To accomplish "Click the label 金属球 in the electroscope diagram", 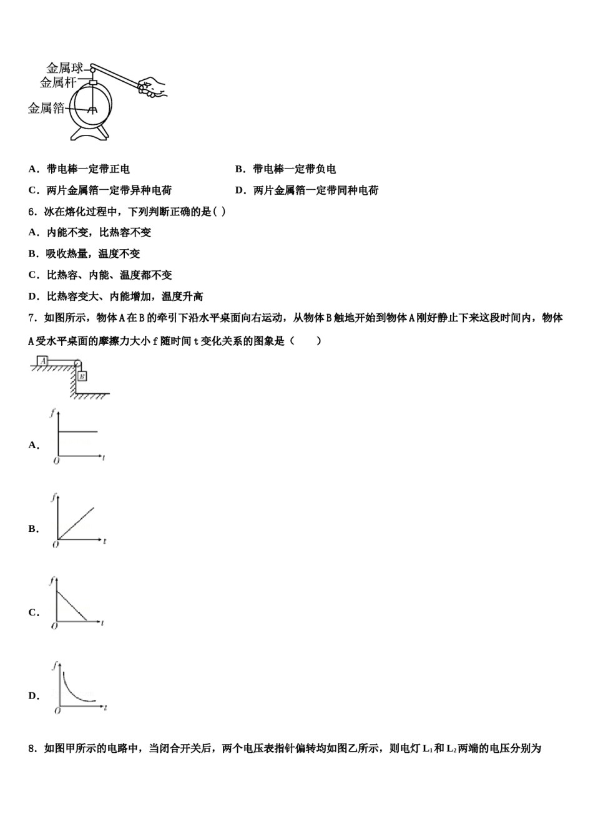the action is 64,68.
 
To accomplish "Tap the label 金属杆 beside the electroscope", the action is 58,82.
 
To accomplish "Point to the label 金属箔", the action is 46,109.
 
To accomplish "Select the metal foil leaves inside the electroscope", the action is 93,110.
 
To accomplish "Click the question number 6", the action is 32,212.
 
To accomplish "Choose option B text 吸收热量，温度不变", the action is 93,254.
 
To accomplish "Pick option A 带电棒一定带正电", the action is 88,169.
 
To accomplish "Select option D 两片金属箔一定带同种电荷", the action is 316,190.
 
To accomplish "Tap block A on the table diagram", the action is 43,361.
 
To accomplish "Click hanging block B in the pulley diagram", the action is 82,376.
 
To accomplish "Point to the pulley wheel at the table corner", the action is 77,363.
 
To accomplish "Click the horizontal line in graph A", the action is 77,431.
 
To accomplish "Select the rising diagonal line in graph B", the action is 76,523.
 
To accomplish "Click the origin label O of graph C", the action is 54,626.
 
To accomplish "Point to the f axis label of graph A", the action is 53,411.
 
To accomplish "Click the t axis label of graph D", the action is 106,707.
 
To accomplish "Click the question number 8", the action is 32,748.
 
